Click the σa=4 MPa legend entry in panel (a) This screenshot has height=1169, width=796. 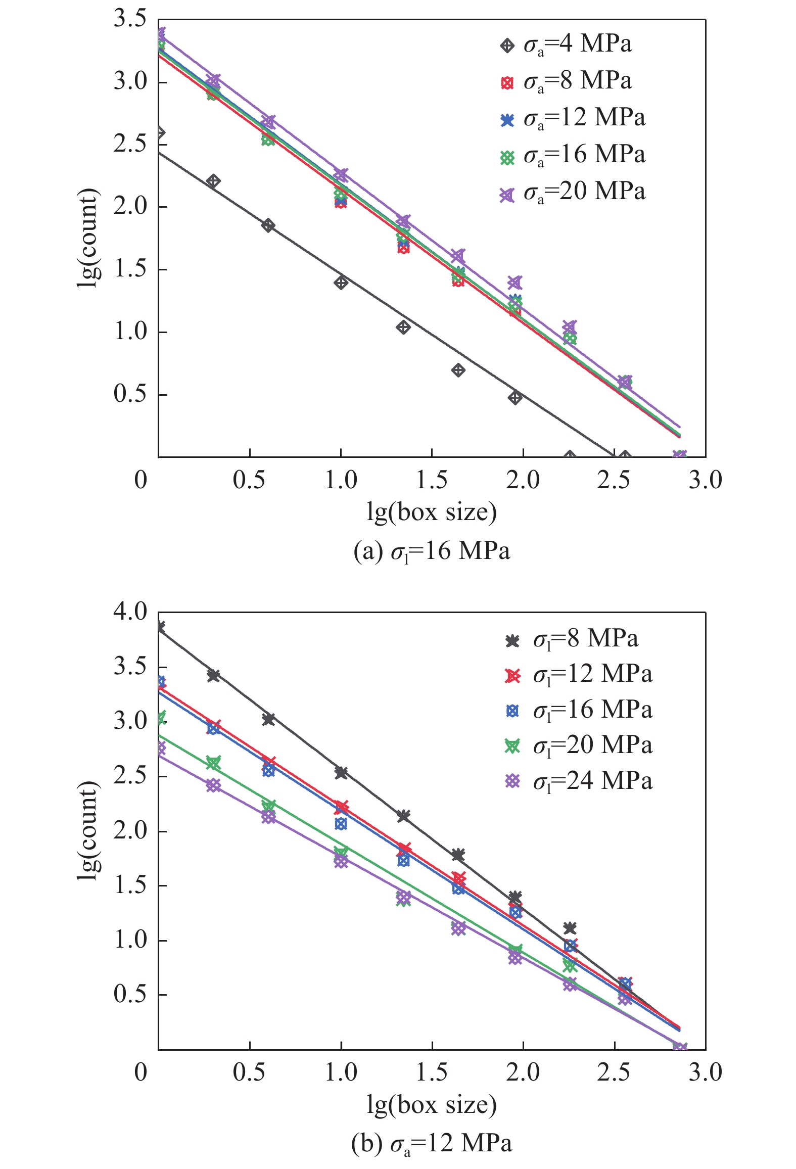pos(566,44)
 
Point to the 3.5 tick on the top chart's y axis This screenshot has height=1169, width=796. pos(130,19)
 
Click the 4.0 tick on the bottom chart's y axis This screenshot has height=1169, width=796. pos(130,612)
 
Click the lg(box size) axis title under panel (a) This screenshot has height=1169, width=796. pos(432,512)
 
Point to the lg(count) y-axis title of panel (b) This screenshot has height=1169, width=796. pos(88,831)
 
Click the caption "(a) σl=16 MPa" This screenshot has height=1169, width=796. pos(432,551)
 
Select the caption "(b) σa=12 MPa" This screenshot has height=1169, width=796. pos(432,1143)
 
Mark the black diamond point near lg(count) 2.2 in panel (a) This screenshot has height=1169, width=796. pos(213,181)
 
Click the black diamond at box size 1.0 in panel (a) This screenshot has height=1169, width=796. pos(341,283)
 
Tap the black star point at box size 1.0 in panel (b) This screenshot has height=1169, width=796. pos(341,772)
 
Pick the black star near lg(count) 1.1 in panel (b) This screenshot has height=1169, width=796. pos(570,928)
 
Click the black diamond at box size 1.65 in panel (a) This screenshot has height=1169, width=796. pos(458,370)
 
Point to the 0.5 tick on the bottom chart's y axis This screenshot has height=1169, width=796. pos(130,994)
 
